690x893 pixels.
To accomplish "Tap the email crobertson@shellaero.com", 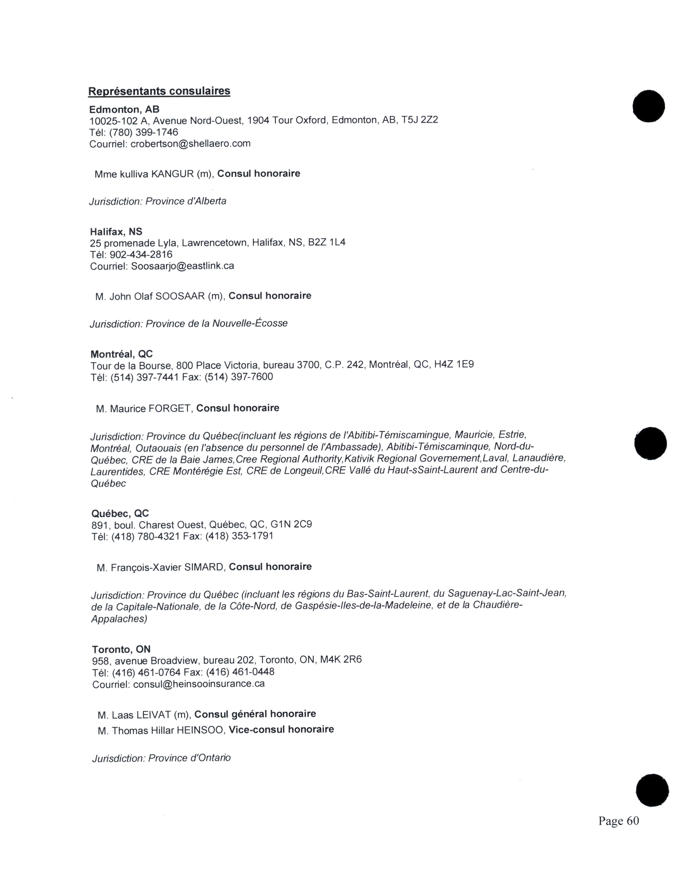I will click(x=190, y=143).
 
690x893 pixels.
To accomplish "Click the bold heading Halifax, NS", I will click(x=116, y=232).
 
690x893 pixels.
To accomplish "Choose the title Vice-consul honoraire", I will click(x=281, y=730).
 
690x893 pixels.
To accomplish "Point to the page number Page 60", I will click(x=619, y=821).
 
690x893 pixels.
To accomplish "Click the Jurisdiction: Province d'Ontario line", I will click(x=162, y=758).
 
